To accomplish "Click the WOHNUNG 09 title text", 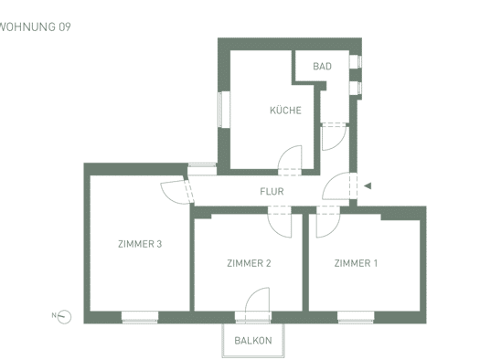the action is coord(35,26).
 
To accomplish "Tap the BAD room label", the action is coord(322,67).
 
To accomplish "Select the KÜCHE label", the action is coord(285,111).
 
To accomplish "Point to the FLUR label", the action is coord(272,192).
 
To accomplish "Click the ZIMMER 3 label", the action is coord(140,244).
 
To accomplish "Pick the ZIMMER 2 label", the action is coord(249,263).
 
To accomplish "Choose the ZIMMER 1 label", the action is coord(356,263).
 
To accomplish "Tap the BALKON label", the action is coord(253,341).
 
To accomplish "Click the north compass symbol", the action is coord(64,317).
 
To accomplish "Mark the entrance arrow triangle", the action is coord(368,185).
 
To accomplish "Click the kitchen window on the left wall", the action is coord(224,110).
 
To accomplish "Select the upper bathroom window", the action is coord(356,62).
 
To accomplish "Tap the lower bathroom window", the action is coord(356,88).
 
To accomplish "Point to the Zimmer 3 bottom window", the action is coord(140,317).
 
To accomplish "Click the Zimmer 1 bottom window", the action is coord(356,317).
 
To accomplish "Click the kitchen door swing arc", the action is coord(284,152).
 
